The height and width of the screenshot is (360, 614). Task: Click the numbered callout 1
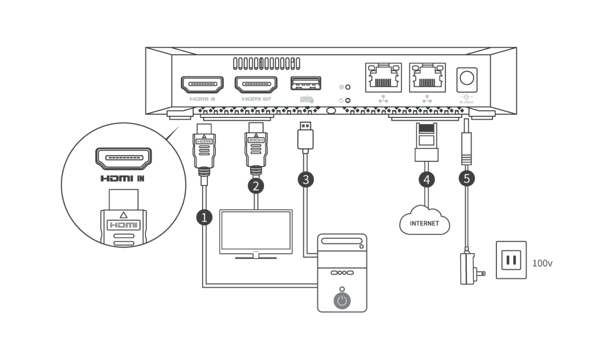(x=204, y=217)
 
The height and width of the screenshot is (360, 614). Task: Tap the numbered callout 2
(x=256, y=186)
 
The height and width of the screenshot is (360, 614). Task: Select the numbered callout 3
(x=305, y=179)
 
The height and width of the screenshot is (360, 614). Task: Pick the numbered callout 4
(x=427, y=179)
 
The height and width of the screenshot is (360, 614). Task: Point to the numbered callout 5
(x=467, y=178)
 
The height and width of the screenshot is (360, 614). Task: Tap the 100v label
(x=542, y=263)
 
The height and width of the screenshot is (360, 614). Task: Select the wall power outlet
(x=511, y=260)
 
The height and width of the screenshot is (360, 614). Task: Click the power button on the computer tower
(x=342, y=301)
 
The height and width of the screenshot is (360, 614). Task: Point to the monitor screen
(x=256, y=232)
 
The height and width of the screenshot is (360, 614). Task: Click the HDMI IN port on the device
(x=202, y=84)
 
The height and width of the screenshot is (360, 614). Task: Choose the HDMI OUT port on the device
(x=256, y=84)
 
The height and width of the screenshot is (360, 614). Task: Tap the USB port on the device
(x=305, y=83)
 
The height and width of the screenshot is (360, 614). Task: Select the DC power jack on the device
(x=467, y=78)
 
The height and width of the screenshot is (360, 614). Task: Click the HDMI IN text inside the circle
(x=123, y=178)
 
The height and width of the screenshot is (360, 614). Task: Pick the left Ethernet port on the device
(x=383, y=77)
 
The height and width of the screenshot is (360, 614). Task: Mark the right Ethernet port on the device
(x=427, y=77)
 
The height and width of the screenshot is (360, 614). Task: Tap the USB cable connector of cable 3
(x=305, y=137)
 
